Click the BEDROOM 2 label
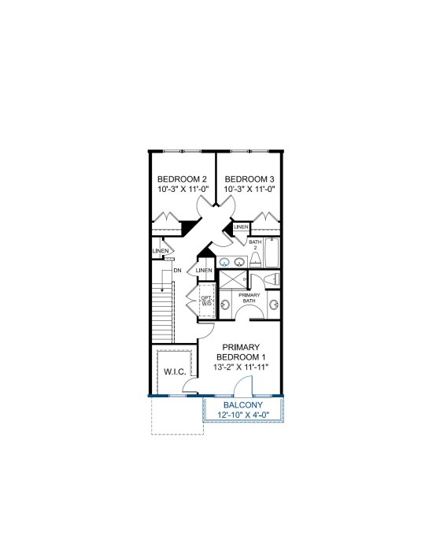(x=182, y=179)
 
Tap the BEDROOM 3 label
(x=249, y=179)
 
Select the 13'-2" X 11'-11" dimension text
(x=241, y=367)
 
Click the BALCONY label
(x=243, y=405)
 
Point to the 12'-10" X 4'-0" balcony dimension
(x=243, y=415)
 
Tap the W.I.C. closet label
(x=175, y=372)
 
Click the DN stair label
(x=178, y=271)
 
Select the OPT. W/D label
(x=206, y=301)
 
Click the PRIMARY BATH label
(x=249, y=297)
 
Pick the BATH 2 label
(x=255, y=245)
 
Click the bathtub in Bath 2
(x=272, y=253)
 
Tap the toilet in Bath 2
(x=255, y=260)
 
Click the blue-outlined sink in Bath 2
(x=223, y=261)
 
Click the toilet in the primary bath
(x=272, y=279)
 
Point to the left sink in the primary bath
(x=224, y=305)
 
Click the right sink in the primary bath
(x=274, y=305)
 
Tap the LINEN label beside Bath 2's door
(x=241, y=227)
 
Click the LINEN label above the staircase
(x=161, y=251)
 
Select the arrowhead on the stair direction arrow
(x=162, y=290)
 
